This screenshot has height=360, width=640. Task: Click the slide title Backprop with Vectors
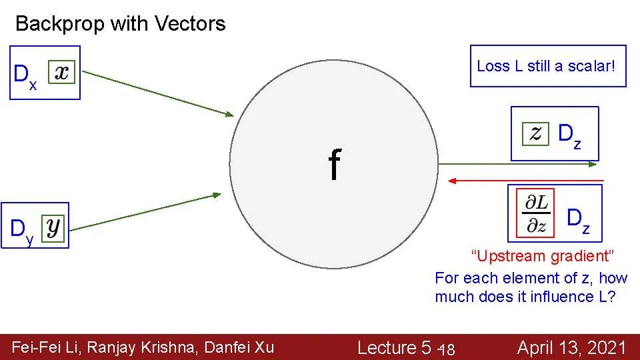(120, 24)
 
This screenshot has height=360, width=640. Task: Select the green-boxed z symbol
(536, 133)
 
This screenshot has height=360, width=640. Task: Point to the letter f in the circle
(334, 165)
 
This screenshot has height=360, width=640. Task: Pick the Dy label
(21, 231)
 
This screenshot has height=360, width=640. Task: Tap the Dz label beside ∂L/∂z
(577, 220)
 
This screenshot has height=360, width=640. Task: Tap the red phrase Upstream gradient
(542, 256)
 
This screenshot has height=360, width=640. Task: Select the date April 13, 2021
(571, 347)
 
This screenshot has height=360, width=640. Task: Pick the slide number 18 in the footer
(447, 349)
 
